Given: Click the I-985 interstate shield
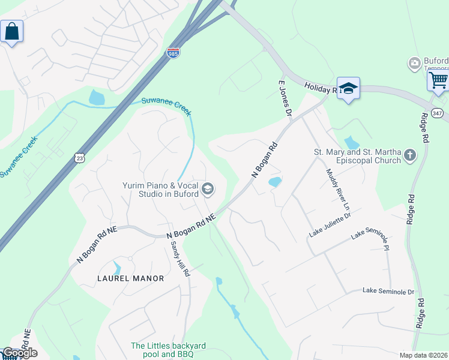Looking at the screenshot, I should [173, 53].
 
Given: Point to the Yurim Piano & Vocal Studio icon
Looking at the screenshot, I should [208, 189].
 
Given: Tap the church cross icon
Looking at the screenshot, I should [410, 156].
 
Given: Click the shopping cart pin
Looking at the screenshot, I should [439, 80].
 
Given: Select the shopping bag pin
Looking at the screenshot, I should [12, 31].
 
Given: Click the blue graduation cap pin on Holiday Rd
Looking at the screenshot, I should [348, 88].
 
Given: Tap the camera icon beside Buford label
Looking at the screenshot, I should [414, 63].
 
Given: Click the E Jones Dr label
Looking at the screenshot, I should [285, 98].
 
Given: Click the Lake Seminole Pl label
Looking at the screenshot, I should [370, 235].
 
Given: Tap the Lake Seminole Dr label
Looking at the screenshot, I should [388, 292].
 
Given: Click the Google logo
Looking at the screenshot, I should [19, 353].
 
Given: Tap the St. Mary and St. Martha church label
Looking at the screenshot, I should [357, 156].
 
